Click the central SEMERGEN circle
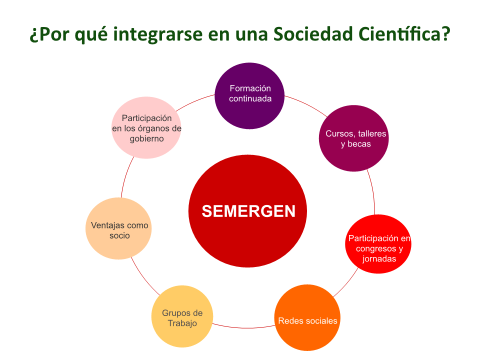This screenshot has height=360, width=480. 247,211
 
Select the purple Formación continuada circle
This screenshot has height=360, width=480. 249,96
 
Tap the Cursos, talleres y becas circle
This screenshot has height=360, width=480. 353,138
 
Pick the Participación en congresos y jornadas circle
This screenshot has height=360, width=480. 378,244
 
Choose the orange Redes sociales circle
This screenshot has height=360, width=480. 307,317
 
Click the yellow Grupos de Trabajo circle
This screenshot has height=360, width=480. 182,316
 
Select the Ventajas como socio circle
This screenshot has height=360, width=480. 118,228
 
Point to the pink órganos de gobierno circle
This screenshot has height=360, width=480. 146,127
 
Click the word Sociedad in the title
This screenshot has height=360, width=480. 313,33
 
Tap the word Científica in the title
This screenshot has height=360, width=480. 404,33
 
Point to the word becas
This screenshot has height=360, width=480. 359,144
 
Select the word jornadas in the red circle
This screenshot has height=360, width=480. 379,259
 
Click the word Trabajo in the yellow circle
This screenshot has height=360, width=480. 182,323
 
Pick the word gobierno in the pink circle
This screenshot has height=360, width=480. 146,138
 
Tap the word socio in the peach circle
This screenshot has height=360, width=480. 119,235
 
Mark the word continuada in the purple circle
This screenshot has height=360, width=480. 250,98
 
